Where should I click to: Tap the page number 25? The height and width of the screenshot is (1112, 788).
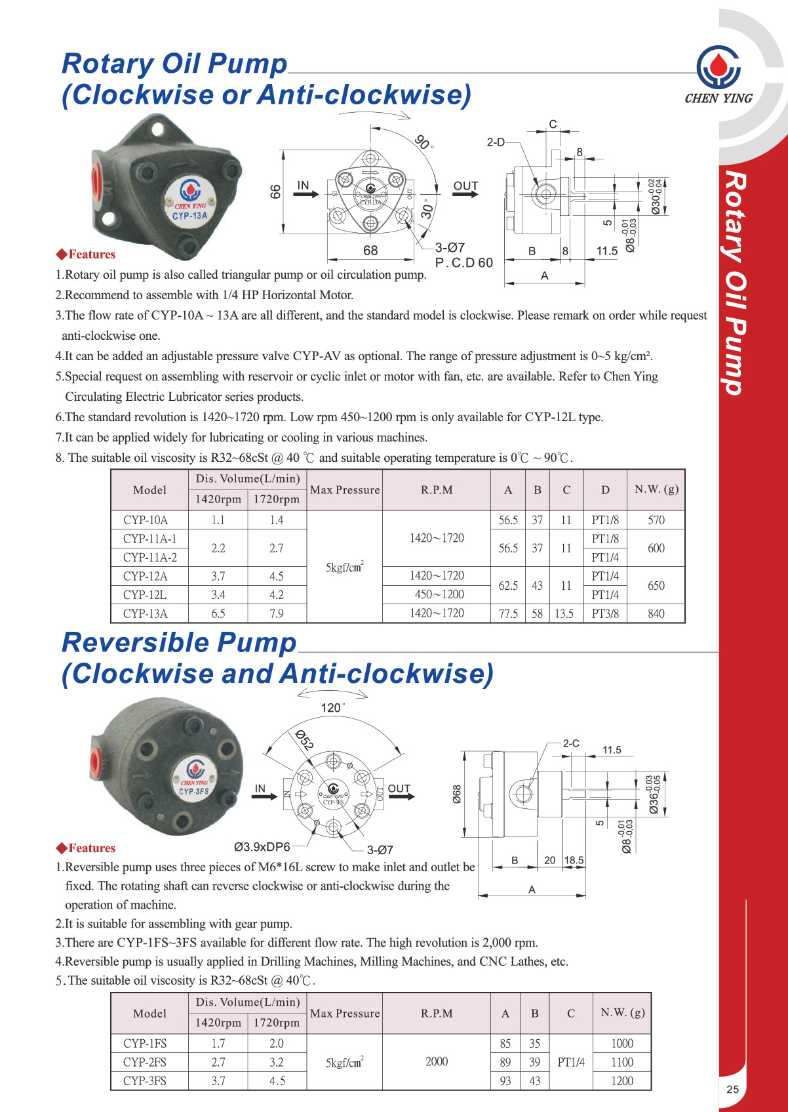point(732,1089)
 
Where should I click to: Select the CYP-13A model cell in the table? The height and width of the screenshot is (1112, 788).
point(146,613)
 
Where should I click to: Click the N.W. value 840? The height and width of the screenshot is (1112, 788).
point(656,613)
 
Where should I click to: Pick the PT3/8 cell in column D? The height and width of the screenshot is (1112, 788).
point(604,613)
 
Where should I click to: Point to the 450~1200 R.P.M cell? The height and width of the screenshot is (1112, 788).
point(437,594)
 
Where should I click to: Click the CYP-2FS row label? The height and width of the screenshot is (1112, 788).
point(145,1062)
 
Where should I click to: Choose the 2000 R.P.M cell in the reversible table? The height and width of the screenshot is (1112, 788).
point(437,1061)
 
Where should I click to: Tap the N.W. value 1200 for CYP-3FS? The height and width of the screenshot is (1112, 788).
point(621,1081)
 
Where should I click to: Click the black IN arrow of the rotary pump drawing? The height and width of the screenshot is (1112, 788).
point(306,194)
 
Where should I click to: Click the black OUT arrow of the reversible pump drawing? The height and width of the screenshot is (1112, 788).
point(402,796)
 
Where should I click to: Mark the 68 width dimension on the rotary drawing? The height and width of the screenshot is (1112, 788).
point(370,251)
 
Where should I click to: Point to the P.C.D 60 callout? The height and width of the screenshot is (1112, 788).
point(463,263)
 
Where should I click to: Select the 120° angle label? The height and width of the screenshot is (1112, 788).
point(332,708)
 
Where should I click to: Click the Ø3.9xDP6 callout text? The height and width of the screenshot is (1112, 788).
point(262,847)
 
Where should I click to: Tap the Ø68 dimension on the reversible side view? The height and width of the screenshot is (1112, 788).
point(457,794)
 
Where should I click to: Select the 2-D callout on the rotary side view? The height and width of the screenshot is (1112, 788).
point(496,142)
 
